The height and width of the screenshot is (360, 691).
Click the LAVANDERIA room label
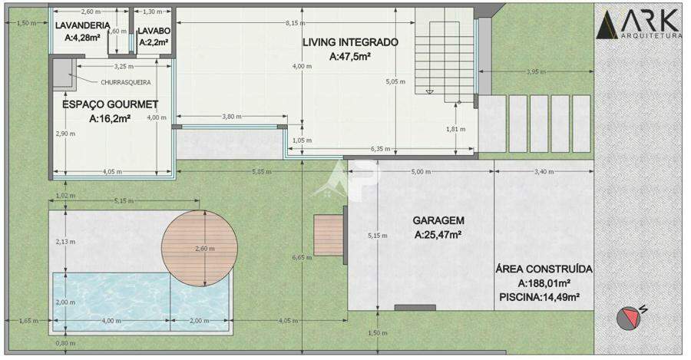[82, 25]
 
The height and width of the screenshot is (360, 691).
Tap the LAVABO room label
[154, 31]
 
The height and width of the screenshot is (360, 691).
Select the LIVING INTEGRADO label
[350, 42]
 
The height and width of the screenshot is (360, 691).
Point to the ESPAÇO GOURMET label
[110, 104]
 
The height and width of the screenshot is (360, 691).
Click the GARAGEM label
[438, 220]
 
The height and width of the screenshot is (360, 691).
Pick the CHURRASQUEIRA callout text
[126, 82]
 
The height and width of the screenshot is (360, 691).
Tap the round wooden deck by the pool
[200, 248]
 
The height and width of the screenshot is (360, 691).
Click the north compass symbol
[629, 318]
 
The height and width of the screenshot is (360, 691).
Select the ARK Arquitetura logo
[638, 25]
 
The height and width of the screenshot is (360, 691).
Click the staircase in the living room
[445, 55]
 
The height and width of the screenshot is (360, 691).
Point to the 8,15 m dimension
[296, 23]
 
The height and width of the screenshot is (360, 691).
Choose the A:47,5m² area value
[350, 56]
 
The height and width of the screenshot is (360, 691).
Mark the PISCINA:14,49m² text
[539, 297]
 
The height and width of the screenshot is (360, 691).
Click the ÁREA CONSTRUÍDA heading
[544, 269]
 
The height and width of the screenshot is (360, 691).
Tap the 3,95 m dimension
[537, 71]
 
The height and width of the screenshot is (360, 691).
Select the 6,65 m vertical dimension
[302, 257]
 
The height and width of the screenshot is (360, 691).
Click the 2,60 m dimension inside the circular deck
[205, 249]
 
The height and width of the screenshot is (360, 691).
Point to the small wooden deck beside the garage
[329, 235]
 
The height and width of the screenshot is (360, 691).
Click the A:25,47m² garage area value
[438, 235]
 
